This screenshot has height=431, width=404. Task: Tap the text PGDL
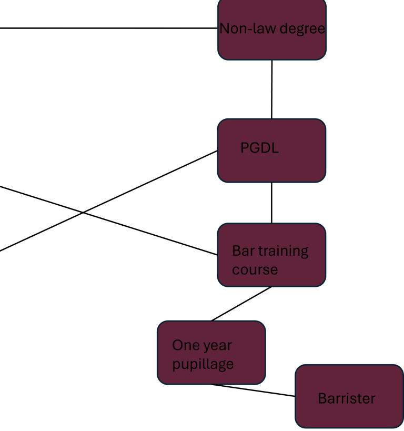(x=259, y=148)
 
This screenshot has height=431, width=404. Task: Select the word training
(x=284, y=251)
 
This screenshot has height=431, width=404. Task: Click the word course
(x=255, y=270)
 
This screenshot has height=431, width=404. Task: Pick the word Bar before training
(x=244, y=250)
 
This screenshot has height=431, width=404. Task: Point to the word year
(x=218, y=346)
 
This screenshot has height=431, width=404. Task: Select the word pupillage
(x=203, y=365)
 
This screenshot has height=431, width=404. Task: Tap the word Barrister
(x=347, y=398)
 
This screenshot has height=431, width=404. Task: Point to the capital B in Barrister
(x=322, y=398)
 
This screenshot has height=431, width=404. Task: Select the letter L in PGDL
(x=275, y=148)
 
